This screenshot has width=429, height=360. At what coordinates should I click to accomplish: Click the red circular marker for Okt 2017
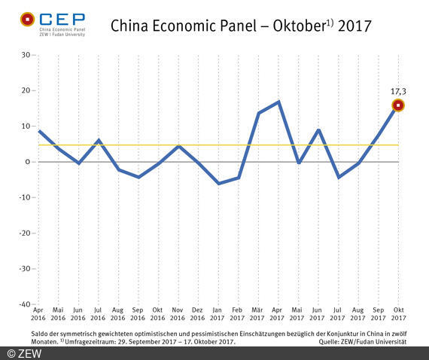tap(398, 105)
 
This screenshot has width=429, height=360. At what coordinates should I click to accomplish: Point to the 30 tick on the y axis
tap(25, 55)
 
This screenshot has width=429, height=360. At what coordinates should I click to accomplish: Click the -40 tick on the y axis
tap(23, 304)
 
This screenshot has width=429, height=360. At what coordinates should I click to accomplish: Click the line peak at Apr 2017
tap(279, 102)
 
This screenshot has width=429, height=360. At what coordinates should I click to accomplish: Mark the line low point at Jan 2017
tap(218, 184)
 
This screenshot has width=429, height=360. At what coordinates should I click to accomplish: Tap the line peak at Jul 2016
tap(99, 140)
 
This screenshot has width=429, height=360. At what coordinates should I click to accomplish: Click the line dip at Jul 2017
tap(339, 178)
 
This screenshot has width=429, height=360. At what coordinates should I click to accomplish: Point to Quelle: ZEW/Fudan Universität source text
tap(364, 341)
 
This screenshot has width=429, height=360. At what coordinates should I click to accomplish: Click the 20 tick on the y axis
tap(25, 90)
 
